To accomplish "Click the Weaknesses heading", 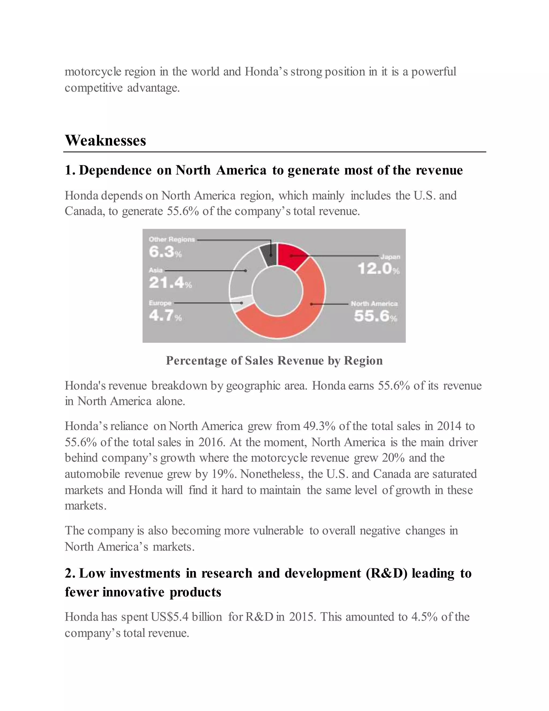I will point(105,141).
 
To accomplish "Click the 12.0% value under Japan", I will point(378,269).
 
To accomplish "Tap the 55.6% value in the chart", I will point(375,316).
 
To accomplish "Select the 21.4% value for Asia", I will point(170,282).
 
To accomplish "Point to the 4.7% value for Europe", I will point(165,316).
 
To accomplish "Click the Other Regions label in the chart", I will point(172,239).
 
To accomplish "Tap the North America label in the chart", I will point(374,303).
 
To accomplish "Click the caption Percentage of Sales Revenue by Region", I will point(274,360).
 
